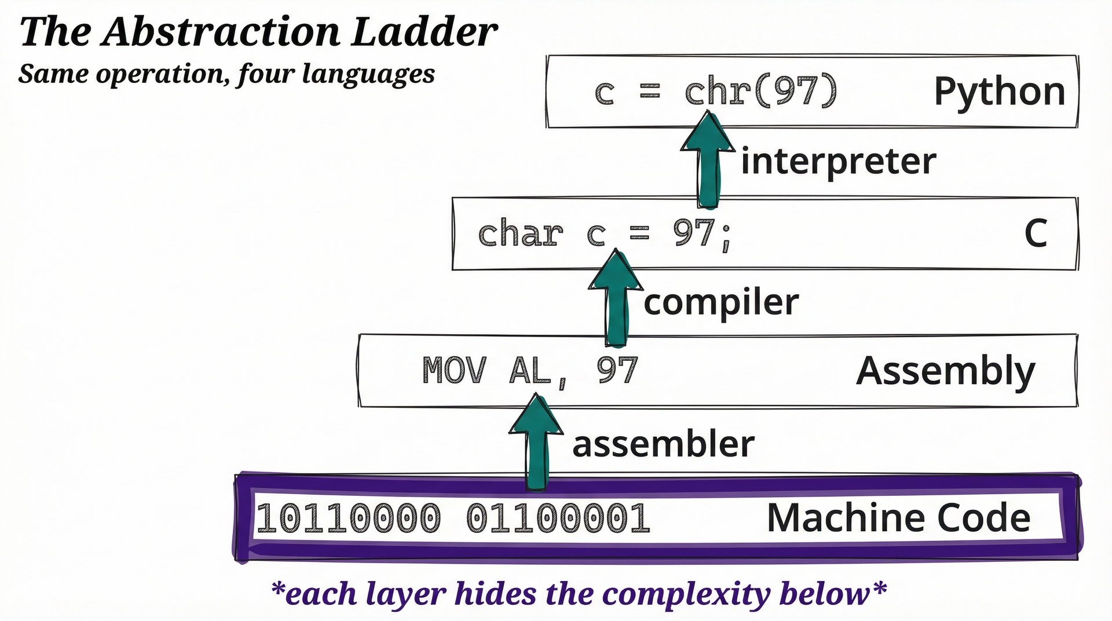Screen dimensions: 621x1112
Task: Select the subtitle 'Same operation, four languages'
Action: coord(226,74)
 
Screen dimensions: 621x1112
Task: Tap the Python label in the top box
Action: coord(999,92)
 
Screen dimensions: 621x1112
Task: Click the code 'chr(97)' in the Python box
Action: coord(760,92)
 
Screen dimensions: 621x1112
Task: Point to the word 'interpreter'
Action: coord(838,161)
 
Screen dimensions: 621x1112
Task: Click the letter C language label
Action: coord(1036,234)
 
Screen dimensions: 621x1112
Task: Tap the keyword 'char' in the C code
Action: coord(520,234)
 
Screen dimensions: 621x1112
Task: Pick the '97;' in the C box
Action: coord(703,234)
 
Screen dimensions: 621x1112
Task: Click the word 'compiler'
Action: coord(721,302)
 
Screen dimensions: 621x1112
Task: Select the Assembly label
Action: coord(945,371)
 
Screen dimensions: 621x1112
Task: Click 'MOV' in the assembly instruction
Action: coord(454,371)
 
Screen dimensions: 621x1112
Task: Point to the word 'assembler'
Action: coord(663,444)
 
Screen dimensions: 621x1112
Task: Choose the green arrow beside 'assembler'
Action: coord(536,443)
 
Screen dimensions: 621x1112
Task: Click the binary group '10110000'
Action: coord(348,518)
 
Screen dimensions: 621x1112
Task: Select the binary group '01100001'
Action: coord(558,518)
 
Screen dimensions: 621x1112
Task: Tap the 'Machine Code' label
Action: coord(898,518)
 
